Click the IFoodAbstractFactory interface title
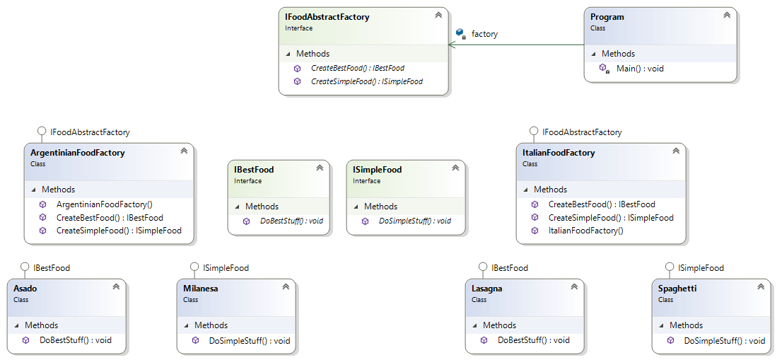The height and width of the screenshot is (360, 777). coord(327,17)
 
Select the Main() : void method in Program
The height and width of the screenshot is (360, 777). coord(640,69)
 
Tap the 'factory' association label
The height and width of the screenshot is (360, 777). coord(484,34)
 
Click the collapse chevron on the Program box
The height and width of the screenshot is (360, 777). coord(726,15)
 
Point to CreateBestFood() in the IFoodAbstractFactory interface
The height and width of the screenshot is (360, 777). coord(357,69)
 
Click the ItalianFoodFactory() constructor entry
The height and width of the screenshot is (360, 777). coord(585,231)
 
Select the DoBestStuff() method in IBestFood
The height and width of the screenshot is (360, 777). coord(291,221)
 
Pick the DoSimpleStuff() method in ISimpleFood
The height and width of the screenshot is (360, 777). coord(414,221)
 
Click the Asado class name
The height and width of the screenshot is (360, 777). coord(25,289)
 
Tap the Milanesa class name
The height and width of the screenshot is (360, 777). coord(200,289)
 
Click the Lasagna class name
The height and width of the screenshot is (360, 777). coord(487,289)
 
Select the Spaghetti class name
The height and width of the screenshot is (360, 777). coord(677,289)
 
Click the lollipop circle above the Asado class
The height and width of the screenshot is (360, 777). coord(25,267)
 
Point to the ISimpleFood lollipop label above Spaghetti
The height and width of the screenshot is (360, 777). coord(701,268)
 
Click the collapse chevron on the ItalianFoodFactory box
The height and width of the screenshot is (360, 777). coord(675,151)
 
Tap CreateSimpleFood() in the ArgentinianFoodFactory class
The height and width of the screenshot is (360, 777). coord(119,231)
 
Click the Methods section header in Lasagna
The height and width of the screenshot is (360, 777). coord(499,325)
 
